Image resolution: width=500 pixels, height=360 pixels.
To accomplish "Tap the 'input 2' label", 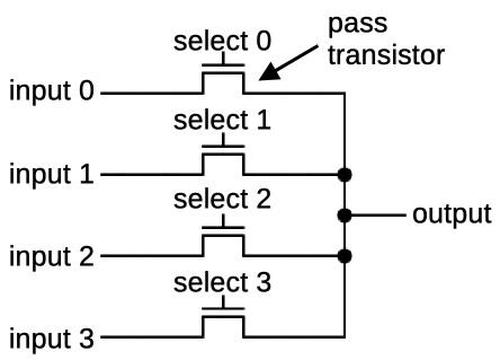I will coord(51,255).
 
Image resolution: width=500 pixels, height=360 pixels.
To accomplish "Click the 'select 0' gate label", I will coord(222,42).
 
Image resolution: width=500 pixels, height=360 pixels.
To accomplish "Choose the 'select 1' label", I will coord(222,122).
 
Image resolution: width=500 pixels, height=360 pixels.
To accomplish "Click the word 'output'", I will coord(451,214).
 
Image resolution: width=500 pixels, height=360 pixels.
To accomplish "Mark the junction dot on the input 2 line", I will coord(345,255).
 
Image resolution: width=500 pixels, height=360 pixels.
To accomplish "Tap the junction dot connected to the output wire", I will coord(345,215).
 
